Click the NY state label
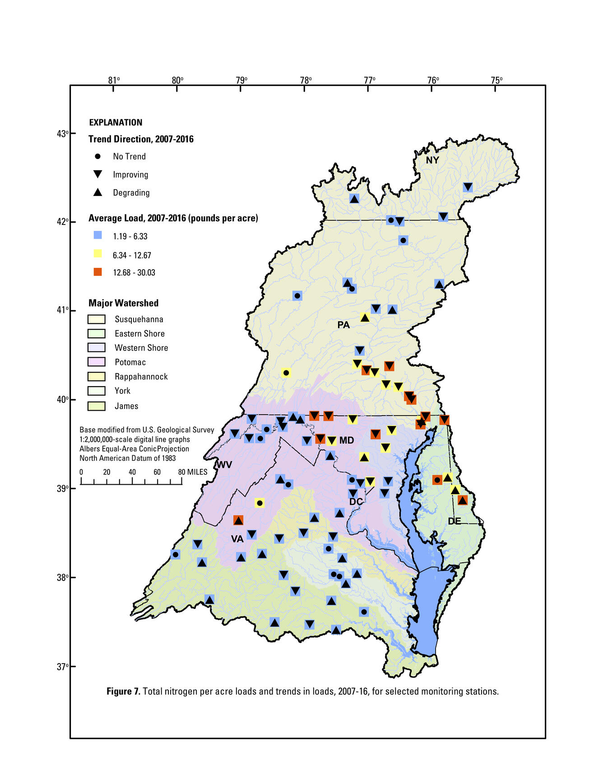pos(432,160)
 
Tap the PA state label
pos(343,325)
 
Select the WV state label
pos(224,465)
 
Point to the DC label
pos(356,502)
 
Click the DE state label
pos(454,521)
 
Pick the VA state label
pos(237,539)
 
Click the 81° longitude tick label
pos(114,80)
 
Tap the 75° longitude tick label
pos(496,80)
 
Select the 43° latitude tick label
pos(62,134)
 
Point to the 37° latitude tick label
pos(62,666)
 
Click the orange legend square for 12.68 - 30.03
pos(97,272)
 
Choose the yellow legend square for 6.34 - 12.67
pos(97,254)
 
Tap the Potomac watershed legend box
pos(97,362)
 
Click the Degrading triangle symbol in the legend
pos(97,192)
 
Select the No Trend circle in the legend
pos(97,156)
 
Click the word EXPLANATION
pos(116,122)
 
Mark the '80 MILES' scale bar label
pos(193,472)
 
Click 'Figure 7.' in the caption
pos(123,691)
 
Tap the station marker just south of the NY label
pos(468,187)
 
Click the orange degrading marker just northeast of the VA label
pos(238,520)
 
